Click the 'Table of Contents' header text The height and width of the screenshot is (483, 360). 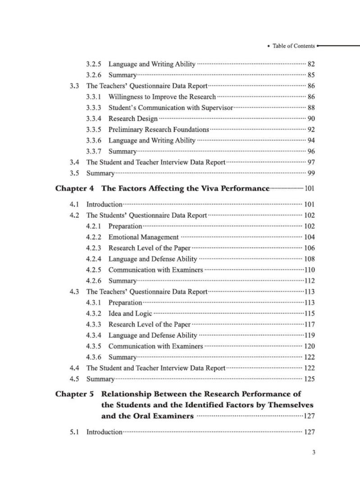pos(293,46)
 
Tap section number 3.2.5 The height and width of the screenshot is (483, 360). pos(94,64)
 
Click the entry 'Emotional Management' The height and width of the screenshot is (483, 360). pos(143,237)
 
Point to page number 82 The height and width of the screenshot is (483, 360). pos(311,64)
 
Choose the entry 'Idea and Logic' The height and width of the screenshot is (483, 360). pos(130,313)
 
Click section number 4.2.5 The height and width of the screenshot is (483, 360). pos(94,270)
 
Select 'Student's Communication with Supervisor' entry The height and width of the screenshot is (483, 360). pos(171,108)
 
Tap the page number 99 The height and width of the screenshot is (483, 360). pos(311,173)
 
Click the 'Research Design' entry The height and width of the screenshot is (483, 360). pos(133,119)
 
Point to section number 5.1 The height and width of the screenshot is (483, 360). pos(75,432)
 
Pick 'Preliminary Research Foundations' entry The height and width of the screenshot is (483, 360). pos(159,129)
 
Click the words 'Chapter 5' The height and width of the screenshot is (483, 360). pos(74,394)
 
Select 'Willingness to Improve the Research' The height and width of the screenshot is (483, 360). pos(162,97)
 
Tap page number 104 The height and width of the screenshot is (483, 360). pos(310,237)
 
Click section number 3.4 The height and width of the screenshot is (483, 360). pos(75,162)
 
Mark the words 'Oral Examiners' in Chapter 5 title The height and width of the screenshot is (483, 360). pos(166,416)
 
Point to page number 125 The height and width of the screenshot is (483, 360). pos(310,379)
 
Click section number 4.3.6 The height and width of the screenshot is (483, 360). pos(94,357)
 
